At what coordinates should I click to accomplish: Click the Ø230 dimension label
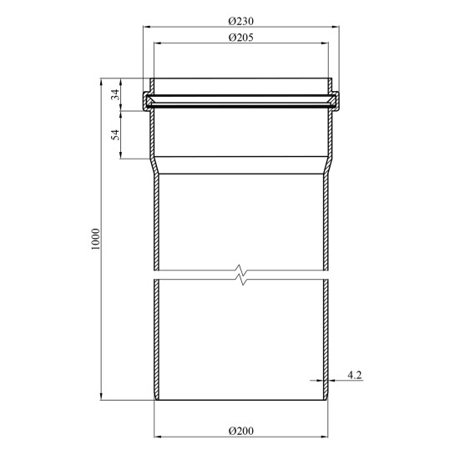240,21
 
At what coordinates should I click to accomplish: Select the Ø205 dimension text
240,38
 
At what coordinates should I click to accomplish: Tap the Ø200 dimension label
240,431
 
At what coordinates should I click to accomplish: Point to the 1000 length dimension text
95,240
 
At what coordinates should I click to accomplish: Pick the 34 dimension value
115,94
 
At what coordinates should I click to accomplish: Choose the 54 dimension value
115,134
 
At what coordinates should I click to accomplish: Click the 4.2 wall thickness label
355,375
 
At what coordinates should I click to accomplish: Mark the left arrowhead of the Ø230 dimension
147,27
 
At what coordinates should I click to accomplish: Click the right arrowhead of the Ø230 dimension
336,27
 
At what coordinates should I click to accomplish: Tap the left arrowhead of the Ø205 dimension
158,43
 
